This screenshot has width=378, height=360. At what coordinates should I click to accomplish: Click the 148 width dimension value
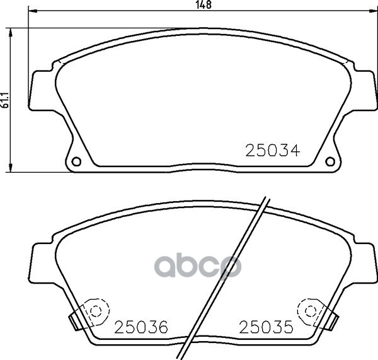[x=203, y=4]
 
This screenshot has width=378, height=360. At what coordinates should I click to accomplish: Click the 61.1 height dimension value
[x=5, y=100]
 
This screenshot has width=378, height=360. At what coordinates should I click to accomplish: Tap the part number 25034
[x=273, y=151]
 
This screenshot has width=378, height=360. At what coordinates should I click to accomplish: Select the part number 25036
[x=141, y=327]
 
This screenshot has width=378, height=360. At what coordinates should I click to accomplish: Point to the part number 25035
[x=266, y=327]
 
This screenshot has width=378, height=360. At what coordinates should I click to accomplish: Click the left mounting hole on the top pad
[x=76, y=161]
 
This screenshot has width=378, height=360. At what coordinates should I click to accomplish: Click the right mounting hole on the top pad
[x=330, y=161]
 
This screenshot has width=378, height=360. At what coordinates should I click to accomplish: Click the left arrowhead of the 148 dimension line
[x=32, y=11]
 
